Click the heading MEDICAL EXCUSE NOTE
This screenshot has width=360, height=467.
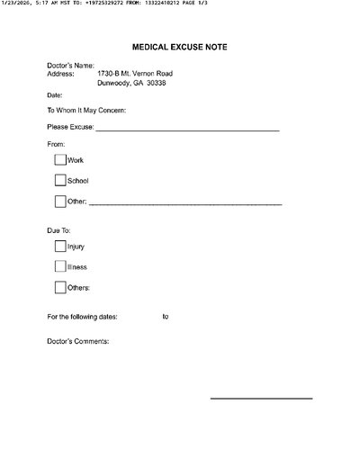click(179, 44)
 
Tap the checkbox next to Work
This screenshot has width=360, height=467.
click(60, 160)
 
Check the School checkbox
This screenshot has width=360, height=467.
click(60, 181)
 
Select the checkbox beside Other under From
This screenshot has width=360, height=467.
click(60, 202)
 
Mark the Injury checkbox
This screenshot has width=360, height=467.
click(60, 246)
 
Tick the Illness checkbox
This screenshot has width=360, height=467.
click(60, 266)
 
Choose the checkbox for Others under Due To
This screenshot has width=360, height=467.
click(60, 288)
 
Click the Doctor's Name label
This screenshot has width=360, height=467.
click(69, 65)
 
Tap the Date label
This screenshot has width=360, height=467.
click(55, 94)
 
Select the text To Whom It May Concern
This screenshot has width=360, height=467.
click(85, 111)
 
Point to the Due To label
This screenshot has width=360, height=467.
click(58, 231)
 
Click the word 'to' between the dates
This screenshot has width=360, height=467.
click(166, 317)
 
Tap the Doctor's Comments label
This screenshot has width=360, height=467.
click(77, 342)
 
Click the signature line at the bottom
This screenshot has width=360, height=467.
click(261, 398)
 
